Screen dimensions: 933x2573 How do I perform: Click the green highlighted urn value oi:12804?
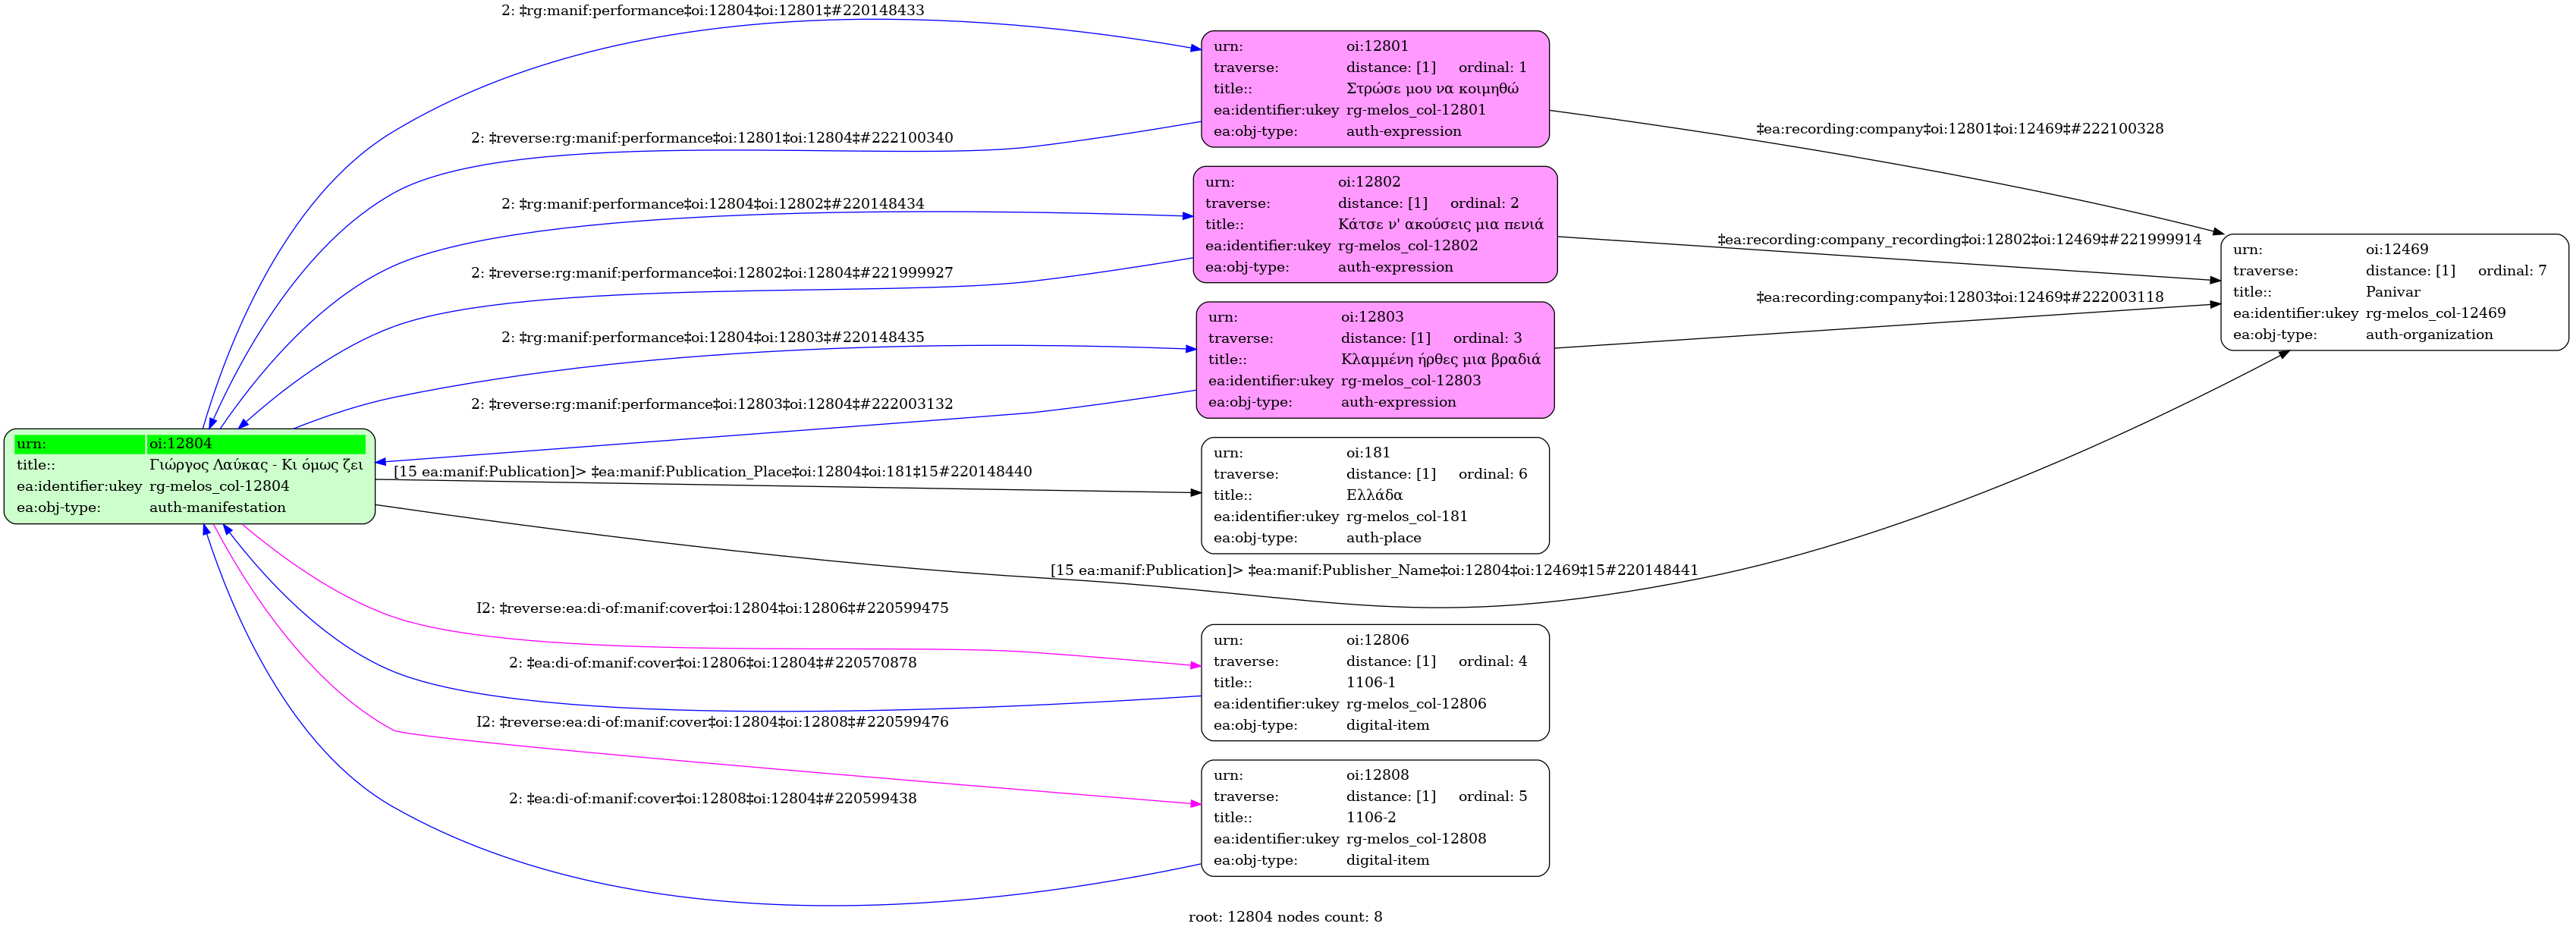(x=181, y=444)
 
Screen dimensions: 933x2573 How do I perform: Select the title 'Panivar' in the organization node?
(x=2392, y=292)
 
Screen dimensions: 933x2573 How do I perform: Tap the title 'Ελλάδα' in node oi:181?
(x=1374, y=495)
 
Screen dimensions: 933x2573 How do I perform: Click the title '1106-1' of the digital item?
(x=1371, y=682)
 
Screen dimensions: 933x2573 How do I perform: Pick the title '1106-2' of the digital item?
(x=1371, y=817)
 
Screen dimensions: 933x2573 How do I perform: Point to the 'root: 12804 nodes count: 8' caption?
(x=1284, y=917)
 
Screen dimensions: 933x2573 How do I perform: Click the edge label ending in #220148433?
(x=712, y=11)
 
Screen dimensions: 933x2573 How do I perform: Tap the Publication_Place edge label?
(x=712, y=472)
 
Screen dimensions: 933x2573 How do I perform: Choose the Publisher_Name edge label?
(x=1374, y=570)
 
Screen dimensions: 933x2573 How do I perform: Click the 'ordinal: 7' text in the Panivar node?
(x=2512, y=271)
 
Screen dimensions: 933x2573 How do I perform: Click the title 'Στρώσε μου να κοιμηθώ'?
(x=1431, y=89)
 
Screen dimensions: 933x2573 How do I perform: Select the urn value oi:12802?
(x=1368, y=182)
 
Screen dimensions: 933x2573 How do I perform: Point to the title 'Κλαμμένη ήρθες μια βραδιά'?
(x=1439, y=360)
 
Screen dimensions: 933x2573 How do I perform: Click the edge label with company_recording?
(x=1959, y=240)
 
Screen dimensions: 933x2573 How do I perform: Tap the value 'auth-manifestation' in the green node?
(x=217, y=507)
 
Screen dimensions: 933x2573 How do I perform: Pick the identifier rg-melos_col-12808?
(x=1415, y=839)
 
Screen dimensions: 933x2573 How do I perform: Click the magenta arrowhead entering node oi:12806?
(x=1195, y=665)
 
